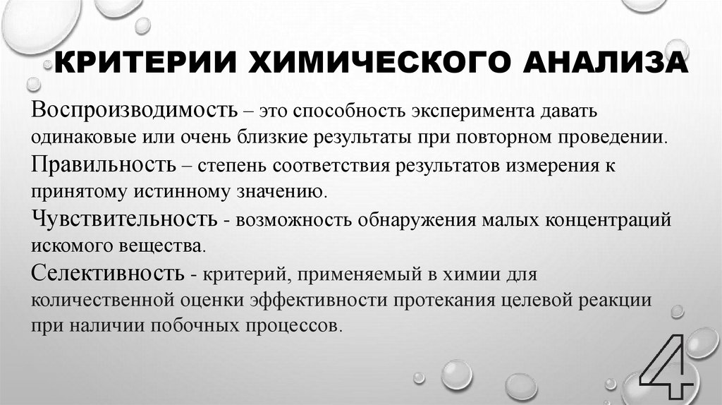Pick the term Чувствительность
pyautogui.click(x=124, y=219)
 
